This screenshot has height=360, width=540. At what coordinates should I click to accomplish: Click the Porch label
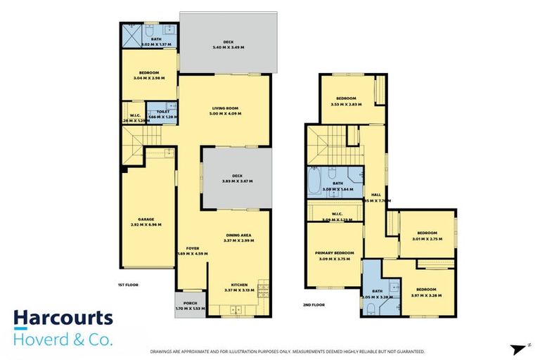190,302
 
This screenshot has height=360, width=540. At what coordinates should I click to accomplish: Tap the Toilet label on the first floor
164,112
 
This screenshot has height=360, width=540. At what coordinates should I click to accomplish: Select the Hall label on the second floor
376,195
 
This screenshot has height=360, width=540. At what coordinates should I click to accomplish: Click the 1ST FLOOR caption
127,285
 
